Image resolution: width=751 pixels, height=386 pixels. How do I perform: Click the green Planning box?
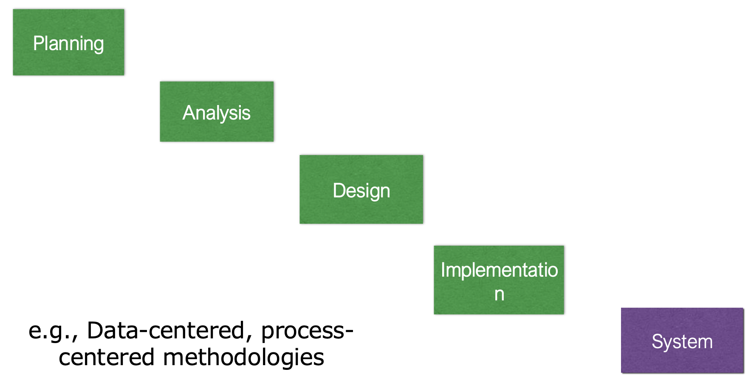click(x=68, y=42)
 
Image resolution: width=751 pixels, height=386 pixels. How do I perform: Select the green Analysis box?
click(x=217, y=111)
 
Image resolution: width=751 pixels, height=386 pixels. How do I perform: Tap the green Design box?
click(x=361, y=189)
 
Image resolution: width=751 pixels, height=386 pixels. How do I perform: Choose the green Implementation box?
click(x=499, y=280)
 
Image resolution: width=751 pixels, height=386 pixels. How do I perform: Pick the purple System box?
click(x=682, y=340)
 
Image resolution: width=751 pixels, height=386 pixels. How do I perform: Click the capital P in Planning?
click(x=38, y=43)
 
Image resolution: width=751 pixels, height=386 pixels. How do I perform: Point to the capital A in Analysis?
click(x=188, y=113)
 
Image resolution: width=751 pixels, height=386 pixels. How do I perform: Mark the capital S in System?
click(x=657, y=341)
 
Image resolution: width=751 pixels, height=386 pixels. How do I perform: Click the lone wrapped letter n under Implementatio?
click(x=499, y=294)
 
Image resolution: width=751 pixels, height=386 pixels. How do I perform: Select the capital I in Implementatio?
click(x=443, y=270)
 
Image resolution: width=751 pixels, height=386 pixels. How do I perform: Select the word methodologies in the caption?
click(x=243, y=357)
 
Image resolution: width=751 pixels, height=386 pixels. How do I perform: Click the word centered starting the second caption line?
click(x=106, y=357)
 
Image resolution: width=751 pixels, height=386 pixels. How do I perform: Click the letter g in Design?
click(x=373, y=192)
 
